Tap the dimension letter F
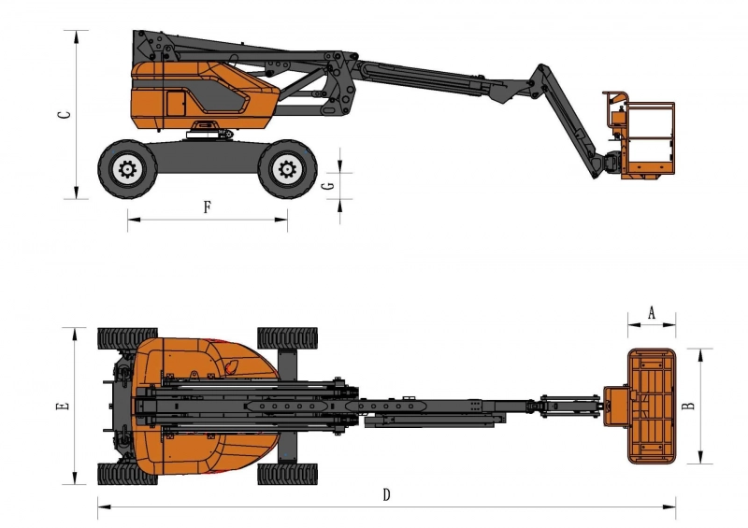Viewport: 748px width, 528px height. pyautogui.click(x=207, y=207)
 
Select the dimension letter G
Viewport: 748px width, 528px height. pyautogui.click(x=330, y=186)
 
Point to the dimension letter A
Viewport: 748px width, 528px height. pyautogui.click(x=651, y=313)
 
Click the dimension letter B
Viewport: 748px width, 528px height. pyautogui.click(x=689, y=406)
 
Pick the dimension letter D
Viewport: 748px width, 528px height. pyautogui.click(x=386, y=495)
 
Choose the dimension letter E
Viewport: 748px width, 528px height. pyautogui.click(x=63, y=406)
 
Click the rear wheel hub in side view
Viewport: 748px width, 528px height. pyautogui.click(x=127, y=169)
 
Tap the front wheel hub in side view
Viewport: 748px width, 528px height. pyautogui.click(x=287, y=169)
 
